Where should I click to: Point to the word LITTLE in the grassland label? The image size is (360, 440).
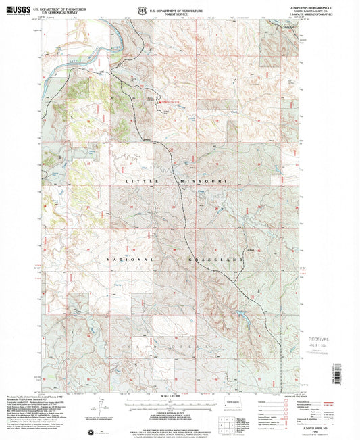pos(138,183)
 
